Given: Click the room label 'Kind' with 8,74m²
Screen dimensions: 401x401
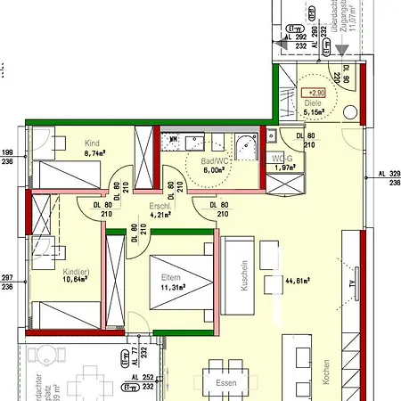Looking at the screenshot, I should tap(93, 143).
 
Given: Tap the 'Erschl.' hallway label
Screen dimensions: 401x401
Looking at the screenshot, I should tap(161, 205).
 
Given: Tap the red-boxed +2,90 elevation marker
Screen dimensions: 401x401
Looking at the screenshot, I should tap(315, 92).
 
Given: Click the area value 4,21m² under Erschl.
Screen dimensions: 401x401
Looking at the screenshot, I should tap(161, 214).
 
